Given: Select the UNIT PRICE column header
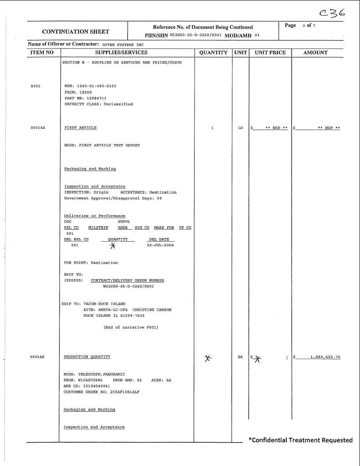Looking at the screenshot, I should click(270, 52).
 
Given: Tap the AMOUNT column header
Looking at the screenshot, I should click(315, 52).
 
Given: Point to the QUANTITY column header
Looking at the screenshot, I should click(213, 52).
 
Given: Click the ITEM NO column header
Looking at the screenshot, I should click(42, 52).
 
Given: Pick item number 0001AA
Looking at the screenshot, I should click(38, 128).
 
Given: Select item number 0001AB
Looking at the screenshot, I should click(38, 357).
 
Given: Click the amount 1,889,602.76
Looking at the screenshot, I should click(325, 357).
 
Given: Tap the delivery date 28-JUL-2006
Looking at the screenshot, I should click(160, 245).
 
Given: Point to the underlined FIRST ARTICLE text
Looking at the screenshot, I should click(80, 128).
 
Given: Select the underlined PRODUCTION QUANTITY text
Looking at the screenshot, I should click(87, 357).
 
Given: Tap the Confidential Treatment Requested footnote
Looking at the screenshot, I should click(300, 440).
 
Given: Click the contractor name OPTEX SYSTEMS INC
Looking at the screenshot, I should click(123, 45).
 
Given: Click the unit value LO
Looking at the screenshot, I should click(240, 128).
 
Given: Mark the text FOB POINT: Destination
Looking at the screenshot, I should click(91, 263).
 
